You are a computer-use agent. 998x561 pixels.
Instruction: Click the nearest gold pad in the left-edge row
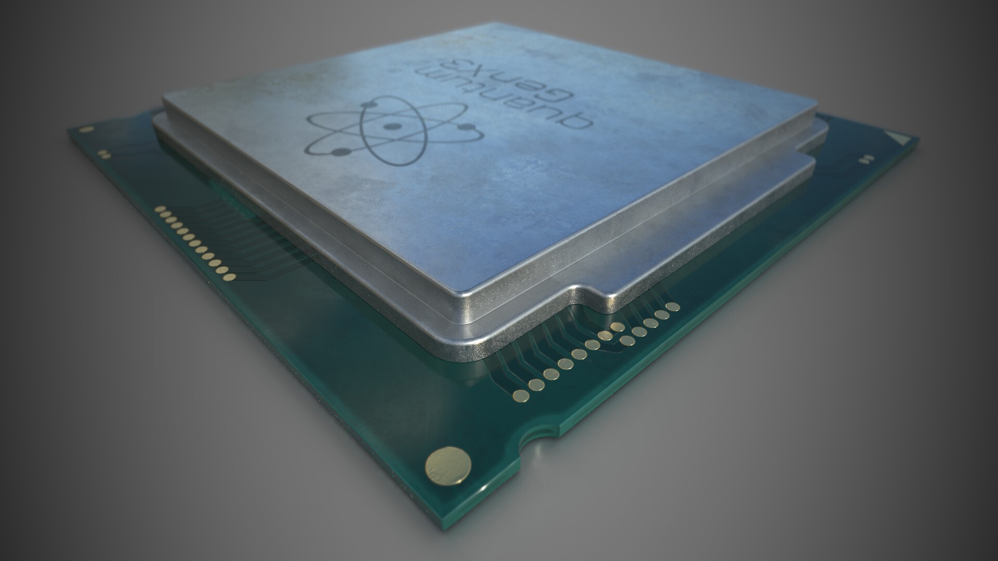tap(224, 270)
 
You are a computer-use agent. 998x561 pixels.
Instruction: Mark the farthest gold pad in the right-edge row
tap(674, 307)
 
